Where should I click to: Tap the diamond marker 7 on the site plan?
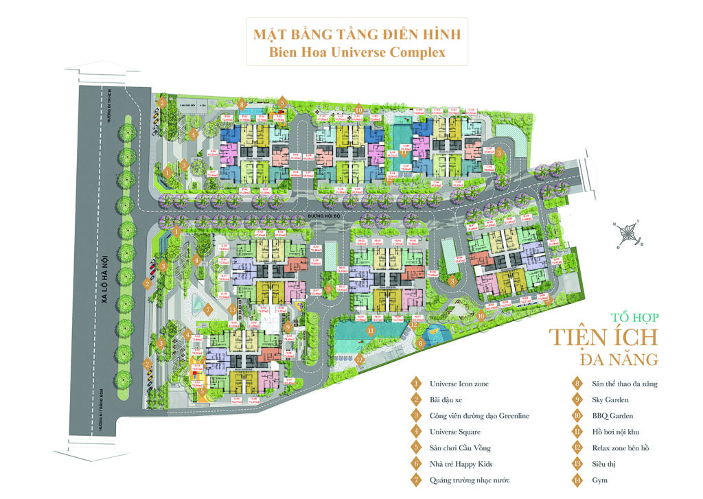pos(207,310)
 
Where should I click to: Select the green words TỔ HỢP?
pos(634,318)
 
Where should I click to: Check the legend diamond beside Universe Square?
pos(415,432)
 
